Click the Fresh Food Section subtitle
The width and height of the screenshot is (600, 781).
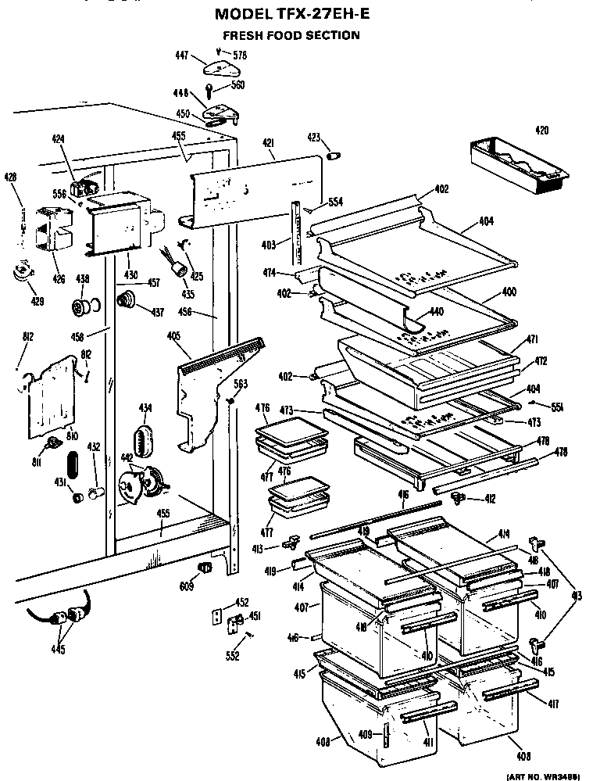pos(291,35)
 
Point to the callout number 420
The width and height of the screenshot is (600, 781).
pos(541,130)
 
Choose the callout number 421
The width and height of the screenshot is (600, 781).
pos(268,142)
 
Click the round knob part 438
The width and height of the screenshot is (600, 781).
pos(81,307)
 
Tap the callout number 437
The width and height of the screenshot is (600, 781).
pos(158,313)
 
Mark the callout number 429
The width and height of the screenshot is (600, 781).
pos(37,301)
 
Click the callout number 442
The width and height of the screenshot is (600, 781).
pos(127,457)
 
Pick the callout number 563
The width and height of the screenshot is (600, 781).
pos(241,383)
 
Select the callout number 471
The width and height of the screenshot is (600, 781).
pos(532,342)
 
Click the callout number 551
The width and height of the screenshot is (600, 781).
pos(557,407)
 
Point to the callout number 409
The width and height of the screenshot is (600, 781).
pos(364,734)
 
